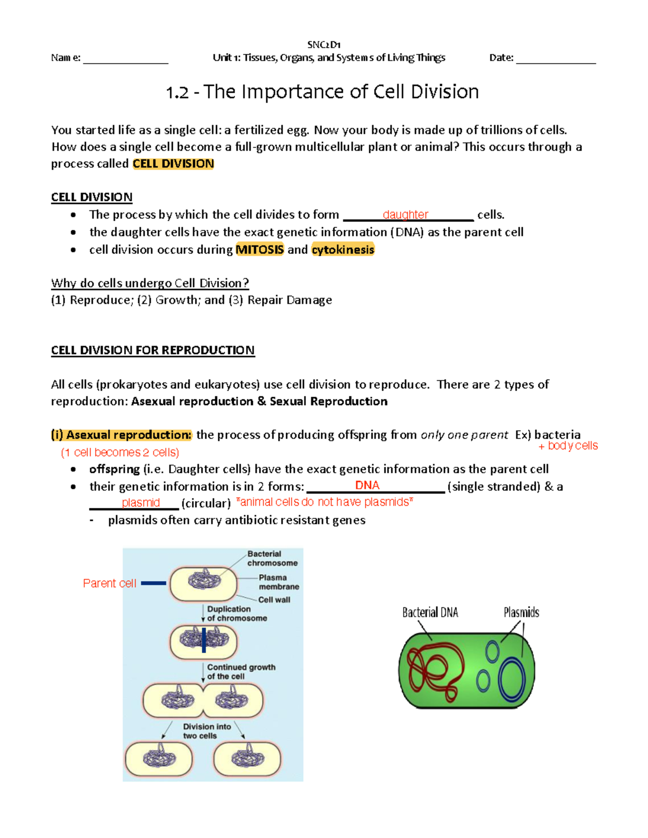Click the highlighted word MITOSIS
point(260,249)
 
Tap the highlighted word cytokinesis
point(343,249)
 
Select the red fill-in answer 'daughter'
point(405,215)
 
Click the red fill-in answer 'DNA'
point(367,486)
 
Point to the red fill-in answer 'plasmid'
point(141,503)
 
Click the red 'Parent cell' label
point(110,583)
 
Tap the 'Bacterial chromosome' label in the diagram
point(272,558)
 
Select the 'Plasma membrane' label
point(279,582)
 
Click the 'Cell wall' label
point(274,600)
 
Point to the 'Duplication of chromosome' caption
point(237,614)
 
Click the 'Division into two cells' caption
point(207,731)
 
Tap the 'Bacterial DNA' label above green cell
point(430,612)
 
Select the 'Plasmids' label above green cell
point(521,612)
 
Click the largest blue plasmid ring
point(512,680)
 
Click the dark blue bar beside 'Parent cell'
point(153,583)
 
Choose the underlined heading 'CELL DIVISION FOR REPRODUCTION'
point(153,350)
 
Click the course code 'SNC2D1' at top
point(323,45)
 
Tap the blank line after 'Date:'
point(556,59)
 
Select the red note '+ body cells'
point(568,446)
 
